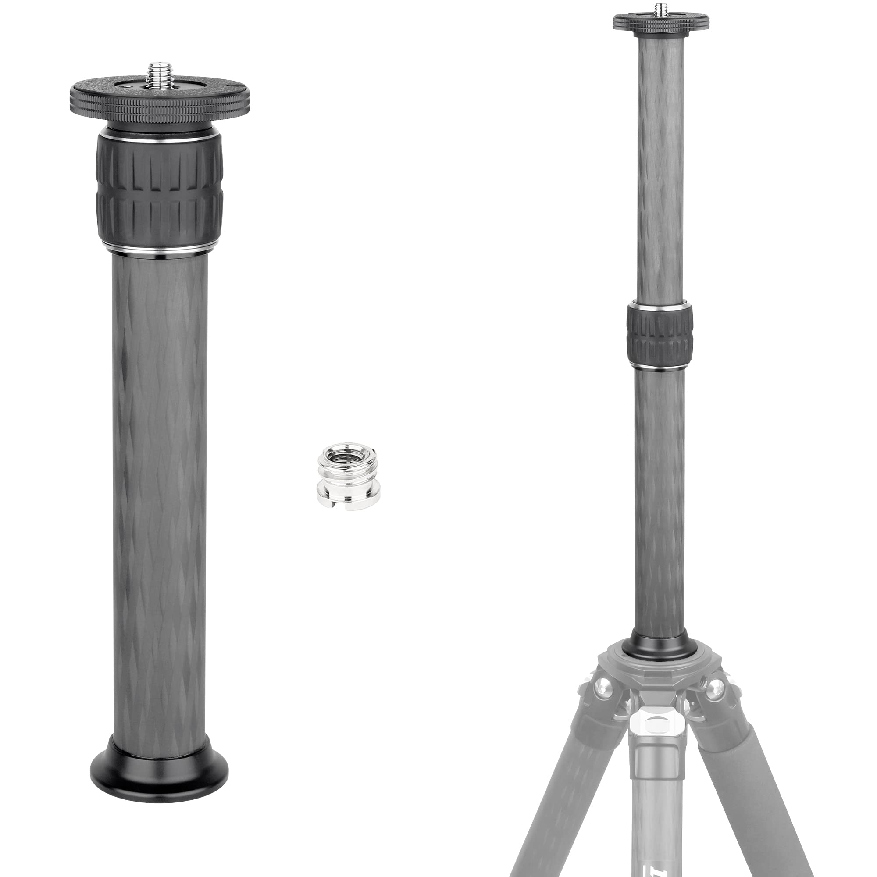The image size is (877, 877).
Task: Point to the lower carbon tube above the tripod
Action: [659, 499]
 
